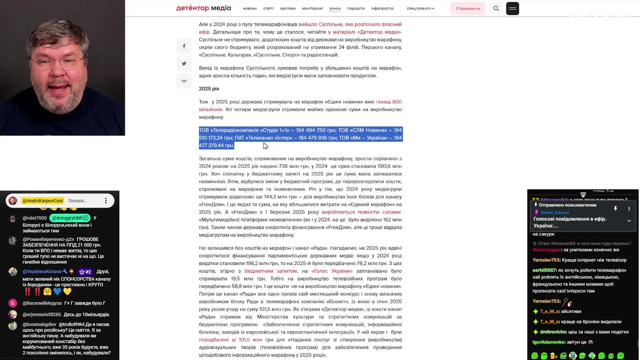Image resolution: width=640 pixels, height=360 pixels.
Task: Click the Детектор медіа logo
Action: point(203,8)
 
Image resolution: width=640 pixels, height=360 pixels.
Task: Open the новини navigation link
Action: point(249,8)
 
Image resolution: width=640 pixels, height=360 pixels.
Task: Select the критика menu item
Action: point(287,8)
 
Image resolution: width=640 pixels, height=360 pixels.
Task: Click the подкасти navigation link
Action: point(356,8)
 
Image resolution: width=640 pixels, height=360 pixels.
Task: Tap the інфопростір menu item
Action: point(382,8)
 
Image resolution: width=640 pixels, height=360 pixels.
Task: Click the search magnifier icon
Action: point(496,8)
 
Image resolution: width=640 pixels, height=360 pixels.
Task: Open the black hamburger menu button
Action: point(512,8)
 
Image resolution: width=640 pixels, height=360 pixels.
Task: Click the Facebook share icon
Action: point(184,46)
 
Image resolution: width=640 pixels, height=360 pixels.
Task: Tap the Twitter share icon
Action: point(184,63)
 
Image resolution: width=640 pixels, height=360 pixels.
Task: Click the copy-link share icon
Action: point(184,81)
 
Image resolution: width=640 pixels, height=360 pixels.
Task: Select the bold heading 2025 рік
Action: point(209,88)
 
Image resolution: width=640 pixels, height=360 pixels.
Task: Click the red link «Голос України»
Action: point(331,271)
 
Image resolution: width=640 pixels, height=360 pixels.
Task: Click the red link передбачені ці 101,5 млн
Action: point(230,340)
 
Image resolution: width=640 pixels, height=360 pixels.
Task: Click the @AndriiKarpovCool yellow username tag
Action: point(42,200)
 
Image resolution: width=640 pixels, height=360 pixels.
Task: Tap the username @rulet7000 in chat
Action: point(34,218)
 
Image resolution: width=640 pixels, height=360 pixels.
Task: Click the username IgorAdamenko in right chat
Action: point(548,342)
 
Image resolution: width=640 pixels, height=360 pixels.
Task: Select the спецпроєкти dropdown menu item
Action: point(420,8)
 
